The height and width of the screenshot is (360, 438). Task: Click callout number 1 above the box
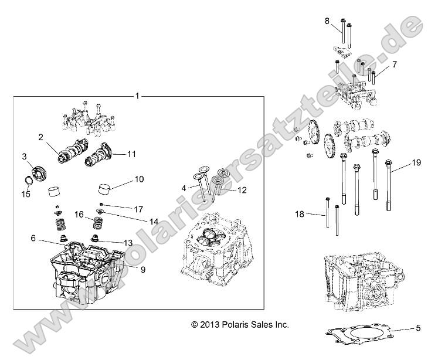click(x=137, y=95)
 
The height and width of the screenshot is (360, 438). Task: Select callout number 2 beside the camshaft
click(x=41, y=137)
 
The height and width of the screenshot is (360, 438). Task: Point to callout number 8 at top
click(x=327, y=21)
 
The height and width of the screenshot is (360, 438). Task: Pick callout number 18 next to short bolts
click(x=300, y=215)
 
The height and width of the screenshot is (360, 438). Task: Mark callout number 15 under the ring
click(x=25, y=194)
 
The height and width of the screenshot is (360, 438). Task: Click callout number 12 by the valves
click(x=242, y=189)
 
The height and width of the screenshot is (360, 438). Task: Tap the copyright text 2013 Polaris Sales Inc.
click(x=240, y=324)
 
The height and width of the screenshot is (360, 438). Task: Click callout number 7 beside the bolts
click(x=395, y=63)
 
